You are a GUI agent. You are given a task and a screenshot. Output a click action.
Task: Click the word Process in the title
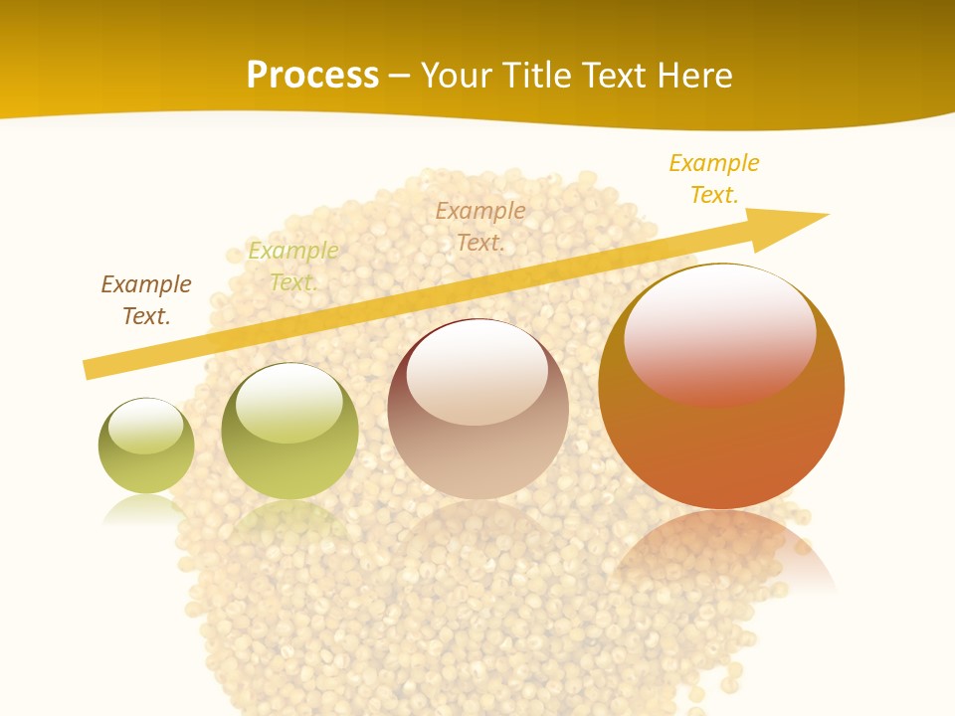pos(312,76)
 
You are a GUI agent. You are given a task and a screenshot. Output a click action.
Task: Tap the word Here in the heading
pos(696,76)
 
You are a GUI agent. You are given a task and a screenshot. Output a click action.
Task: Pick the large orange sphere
pos(721,447)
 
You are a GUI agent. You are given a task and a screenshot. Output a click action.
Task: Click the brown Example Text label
pos(146,300)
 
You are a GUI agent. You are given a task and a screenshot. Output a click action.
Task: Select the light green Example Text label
pos(293,267)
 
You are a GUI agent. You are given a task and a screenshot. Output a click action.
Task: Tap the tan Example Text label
pos(480,226)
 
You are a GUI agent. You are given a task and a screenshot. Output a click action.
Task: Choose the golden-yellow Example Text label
pos(714,179)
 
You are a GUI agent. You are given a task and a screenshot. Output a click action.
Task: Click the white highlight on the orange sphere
pos(719,333)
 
